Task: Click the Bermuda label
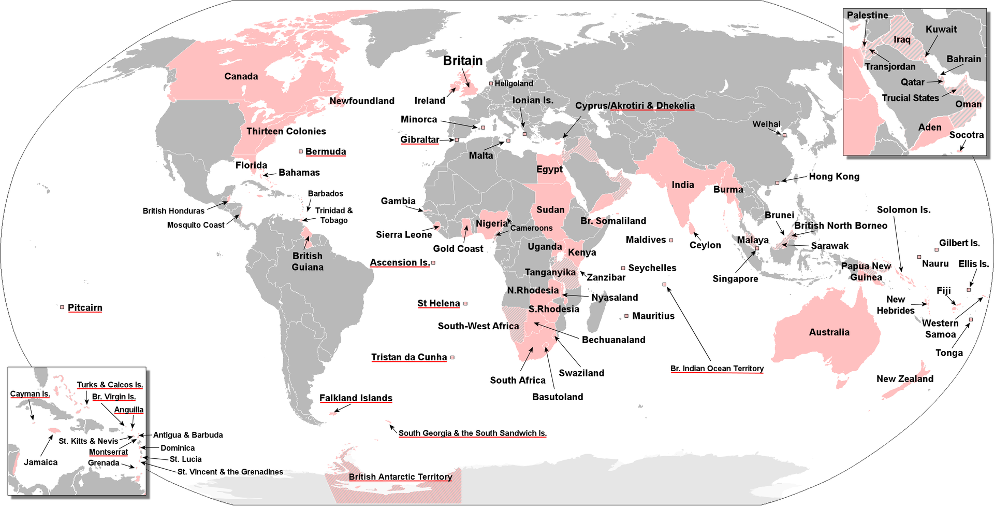[x=325, y=151]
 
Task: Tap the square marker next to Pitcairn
[x=62, y=307]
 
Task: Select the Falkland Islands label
[x=356, y=398]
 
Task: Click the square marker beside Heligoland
[x=491, y=83]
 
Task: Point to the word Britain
[x=463, y=61]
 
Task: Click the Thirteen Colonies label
[x=286, y=131]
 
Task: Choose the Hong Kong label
[x=834, y=176]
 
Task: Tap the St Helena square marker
[x=465, y=304]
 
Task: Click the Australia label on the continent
[x=829, y=332]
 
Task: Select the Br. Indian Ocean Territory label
[x=717, y=369]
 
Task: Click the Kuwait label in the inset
[x=941, y=30]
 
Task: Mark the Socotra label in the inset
[x=966, y=135]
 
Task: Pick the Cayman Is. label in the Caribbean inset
[x=30, y=394]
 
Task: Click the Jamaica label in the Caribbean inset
[x=40, y=462]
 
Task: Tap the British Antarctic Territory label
[x=400, y=477]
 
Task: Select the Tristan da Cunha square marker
[x=452, y=358]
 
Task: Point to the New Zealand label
[x=904, y=379]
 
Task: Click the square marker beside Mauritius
[x=626, y=316]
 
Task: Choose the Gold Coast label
[x=458, y=249]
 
